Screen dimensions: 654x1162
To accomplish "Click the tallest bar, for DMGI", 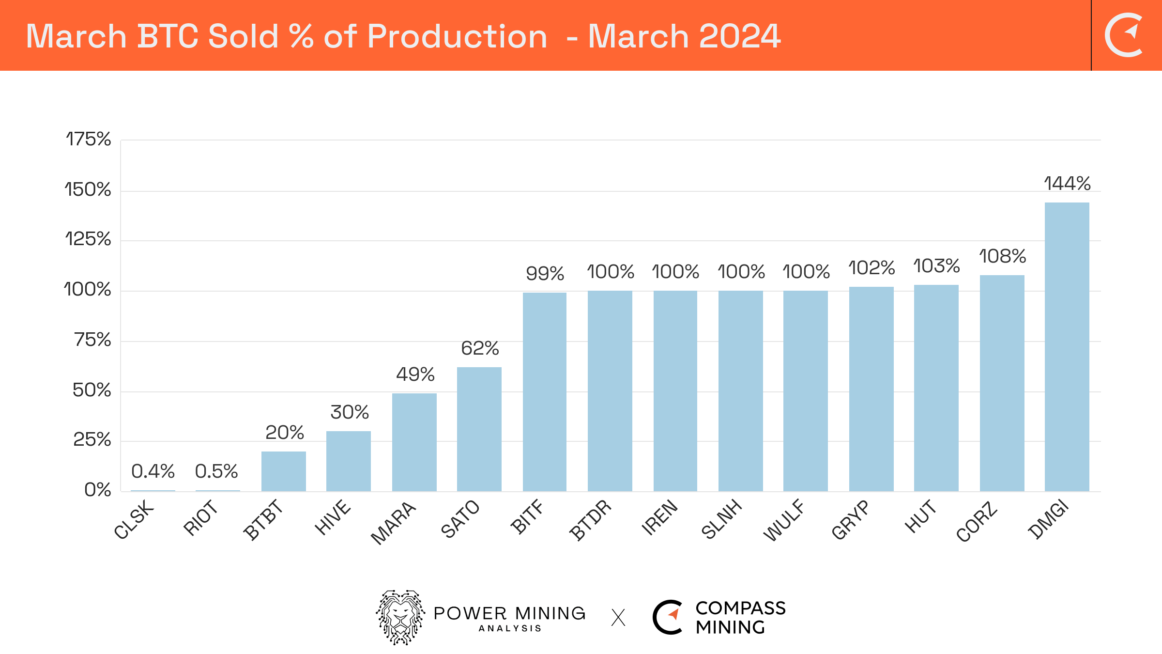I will pos(1067,346).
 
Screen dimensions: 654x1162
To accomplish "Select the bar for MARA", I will pos(414,442).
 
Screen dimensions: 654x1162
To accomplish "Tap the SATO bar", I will pos(479,429).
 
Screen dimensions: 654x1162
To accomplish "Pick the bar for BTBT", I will pos(283,471).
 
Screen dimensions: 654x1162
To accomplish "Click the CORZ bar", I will pos(1002,383).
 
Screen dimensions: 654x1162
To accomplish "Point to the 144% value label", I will pos(1067,184).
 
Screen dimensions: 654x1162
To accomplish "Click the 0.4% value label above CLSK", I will pos(153,471).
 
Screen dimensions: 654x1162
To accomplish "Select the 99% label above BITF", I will pos(545,274).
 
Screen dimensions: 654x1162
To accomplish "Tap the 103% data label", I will pos(936,266).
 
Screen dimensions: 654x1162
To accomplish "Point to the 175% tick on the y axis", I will pos(88,140).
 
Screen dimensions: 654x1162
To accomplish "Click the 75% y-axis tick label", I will pos(92,340).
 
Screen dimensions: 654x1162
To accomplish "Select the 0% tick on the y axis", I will pos(97,490).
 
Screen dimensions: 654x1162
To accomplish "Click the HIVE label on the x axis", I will pos(333,517).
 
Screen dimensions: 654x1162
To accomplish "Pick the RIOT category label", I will pos(201,518).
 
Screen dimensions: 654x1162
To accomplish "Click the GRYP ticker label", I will pos(851,520).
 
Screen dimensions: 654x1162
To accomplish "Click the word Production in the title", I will pos(457,36).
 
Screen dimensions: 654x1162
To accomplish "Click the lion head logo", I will pos(400,617).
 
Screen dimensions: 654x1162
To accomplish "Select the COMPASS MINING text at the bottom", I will pos(740,618).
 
